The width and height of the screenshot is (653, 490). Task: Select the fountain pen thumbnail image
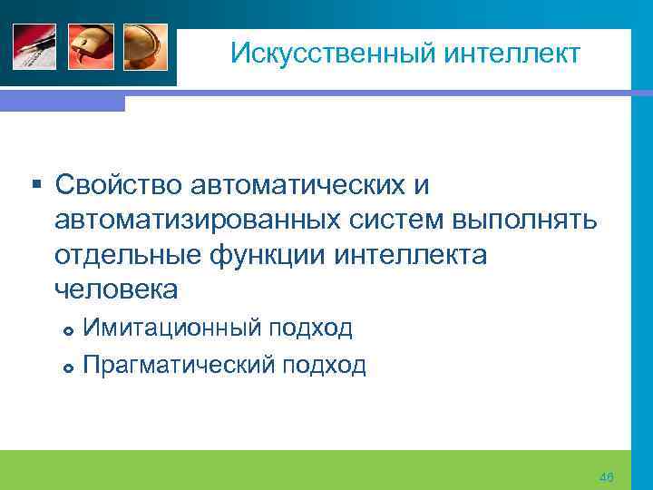34,46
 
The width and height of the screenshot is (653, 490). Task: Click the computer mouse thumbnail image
90,46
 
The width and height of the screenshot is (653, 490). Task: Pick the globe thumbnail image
145,46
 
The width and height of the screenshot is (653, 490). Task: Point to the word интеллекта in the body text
411,256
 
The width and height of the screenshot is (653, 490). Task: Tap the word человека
116,290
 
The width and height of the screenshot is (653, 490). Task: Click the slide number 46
607,477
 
